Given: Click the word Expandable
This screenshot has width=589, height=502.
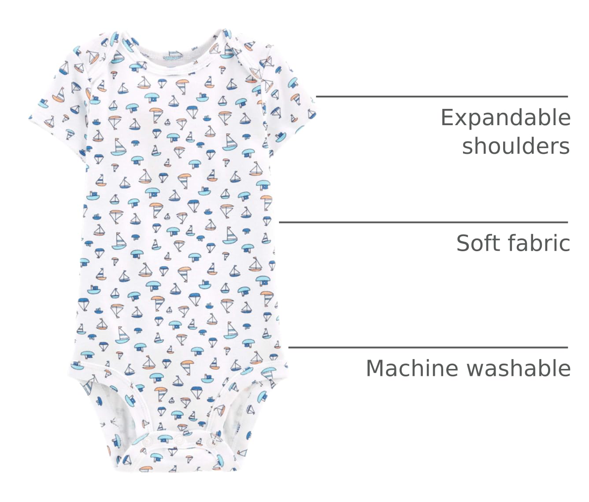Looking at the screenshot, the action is click(x=505, y=118).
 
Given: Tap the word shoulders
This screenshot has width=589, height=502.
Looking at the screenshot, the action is click(x=516, y=146).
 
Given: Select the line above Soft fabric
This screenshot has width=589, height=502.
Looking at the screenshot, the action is click(x=423, y=222).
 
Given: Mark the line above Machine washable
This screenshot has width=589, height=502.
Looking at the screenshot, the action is click(x=428, y=347).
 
